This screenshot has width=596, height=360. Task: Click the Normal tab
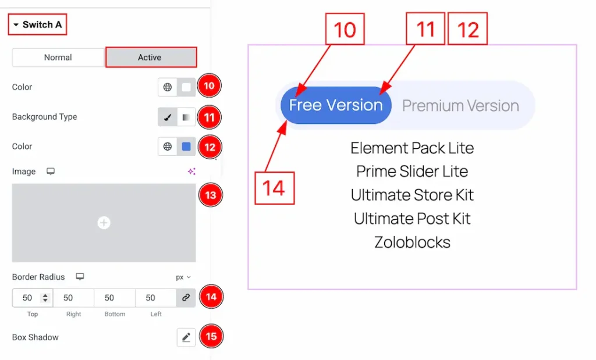(x=58, y=58)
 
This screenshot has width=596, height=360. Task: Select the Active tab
(x=151, y=58)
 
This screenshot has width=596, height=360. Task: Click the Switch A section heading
(x=38, y=24)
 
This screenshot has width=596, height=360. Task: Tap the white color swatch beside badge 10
(x=186, y=87)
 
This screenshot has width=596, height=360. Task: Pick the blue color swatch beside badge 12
(x=186, y=147)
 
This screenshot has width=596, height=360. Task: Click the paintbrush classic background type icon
(x=167, y=117)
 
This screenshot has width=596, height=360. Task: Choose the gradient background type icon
(x=186, y=117)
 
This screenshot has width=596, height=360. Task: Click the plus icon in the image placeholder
(x=104, y=223)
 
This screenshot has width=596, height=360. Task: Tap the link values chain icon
(x=186, y=298)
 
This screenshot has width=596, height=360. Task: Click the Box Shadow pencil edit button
(x=186, y=337)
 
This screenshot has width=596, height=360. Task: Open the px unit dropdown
(x=183, y=277)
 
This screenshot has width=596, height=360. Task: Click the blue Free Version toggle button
(x=336, y=105)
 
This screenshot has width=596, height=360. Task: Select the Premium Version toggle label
(x=460, y=106)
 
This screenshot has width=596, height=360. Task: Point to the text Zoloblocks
(x=413, y=243)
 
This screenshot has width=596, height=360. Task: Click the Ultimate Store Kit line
(x=413, y=195)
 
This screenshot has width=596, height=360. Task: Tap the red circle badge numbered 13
(x=211, y=195)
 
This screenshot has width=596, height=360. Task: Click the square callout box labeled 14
(x=275, y=188)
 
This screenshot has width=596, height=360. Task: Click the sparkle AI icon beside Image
(x=191, y=171)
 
